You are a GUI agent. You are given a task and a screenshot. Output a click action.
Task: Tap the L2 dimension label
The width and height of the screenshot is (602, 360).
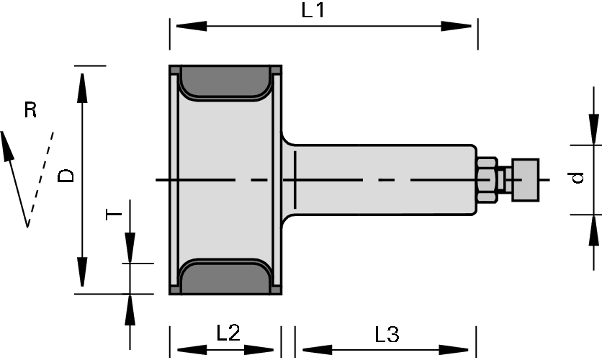click(x=228, y=333)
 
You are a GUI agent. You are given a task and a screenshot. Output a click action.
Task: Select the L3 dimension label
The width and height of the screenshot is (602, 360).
click(x=387, y=334)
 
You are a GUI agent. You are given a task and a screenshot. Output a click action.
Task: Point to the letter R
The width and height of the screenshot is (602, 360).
click(x=30, y=110)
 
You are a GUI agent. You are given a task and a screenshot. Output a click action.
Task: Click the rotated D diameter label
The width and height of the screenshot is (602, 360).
click(x=66, y=176)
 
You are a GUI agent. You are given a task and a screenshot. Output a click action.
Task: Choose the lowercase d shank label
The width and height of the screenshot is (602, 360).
click(x=578, y=178)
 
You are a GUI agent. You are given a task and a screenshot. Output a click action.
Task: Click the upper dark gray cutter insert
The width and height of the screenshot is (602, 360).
click(x=225, y=81)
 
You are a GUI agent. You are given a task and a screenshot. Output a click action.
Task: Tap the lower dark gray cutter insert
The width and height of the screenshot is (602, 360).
click(x=225, y=277)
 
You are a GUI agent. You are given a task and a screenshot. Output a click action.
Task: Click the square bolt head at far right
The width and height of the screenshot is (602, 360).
click(x=526, y=179)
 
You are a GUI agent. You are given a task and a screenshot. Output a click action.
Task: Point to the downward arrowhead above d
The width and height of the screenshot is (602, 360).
click(x=593, y=130)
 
